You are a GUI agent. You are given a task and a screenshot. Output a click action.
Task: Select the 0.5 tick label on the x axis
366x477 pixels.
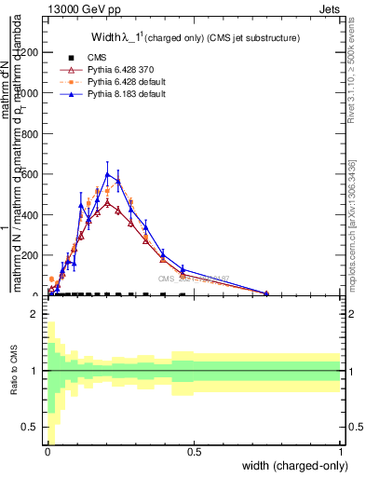pyautogui.click(x=194, y=451)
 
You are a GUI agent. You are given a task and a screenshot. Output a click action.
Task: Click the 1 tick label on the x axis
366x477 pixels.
pyautogui.click(x=341, y=451)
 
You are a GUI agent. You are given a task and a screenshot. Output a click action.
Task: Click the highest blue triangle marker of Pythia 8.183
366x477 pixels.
pyautogui.click(x=108, y=174)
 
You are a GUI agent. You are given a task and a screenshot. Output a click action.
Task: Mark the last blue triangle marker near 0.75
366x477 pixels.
pyautogui.click(x=266, y=293)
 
